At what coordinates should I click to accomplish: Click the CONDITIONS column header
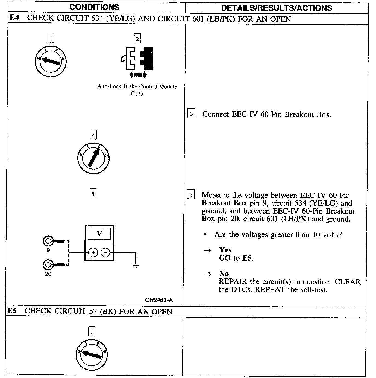tap(94, 7)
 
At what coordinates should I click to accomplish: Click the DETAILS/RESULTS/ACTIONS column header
tap(277, 8)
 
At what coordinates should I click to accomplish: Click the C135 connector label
tap(137, 94)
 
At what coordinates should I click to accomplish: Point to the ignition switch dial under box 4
tap(93, 158)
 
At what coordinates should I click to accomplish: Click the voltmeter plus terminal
tap(93, 252)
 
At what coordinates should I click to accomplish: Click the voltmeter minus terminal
tap(105, 252)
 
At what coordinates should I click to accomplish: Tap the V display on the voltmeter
tap(99, 234)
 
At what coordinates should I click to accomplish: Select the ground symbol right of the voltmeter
tap(136, 265)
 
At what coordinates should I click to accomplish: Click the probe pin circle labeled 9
tap(48, 241)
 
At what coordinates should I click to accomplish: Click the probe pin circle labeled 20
tap(48, 265)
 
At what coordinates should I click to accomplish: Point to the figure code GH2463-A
tap(159, 300)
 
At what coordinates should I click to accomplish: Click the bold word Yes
tap(225, 250)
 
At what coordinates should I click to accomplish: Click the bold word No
tap(224, 274)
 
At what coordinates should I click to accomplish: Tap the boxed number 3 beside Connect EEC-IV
tap(191, 114)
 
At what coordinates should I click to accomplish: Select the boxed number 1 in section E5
tap(92, 332)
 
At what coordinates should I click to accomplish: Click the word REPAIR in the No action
tap(233, 282)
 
